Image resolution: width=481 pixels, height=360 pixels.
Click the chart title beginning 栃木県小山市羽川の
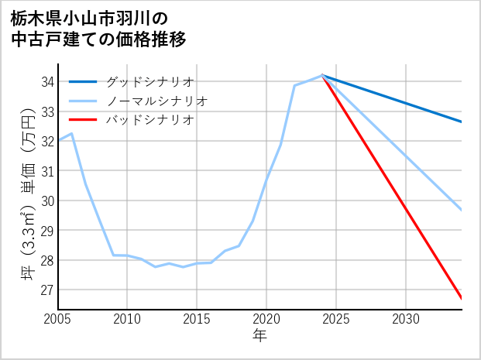tap(98, 28)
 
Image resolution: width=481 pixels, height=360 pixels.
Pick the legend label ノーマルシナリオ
tap(156, 101)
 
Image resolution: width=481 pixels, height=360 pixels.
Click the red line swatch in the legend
tap(83, 120)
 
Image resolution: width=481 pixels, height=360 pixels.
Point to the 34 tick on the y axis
tap(46, 81)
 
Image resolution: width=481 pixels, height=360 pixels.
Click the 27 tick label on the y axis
tap(46, 290)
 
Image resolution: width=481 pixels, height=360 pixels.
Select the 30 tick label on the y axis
tap(46, 201)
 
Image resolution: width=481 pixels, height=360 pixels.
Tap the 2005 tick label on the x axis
tap(58, 318)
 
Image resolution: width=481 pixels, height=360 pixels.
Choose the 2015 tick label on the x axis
tap(197, 318)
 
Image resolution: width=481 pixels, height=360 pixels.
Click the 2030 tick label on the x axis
tap(406, 318)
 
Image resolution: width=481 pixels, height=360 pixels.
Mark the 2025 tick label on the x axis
tap(336, 318)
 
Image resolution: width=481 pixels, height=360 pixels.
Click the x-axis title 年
tap(259, 335)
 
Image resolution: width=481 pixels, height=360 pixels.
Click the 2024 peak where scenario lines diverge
tap(322, 75)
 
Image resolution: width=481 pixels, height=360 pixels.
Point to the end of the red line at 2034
tap(461, 298)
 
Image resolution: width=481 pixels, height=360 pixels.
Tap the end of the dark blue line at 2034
tap(461, 122)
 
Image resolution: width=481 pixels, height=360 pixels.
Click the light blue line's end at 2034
tap(461, 210)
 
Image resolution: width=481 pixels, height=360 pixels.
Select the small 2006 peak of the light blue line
tap(72, 133)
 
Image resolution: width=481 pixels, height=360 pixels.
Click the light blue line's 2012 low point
tap(155, 266)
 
